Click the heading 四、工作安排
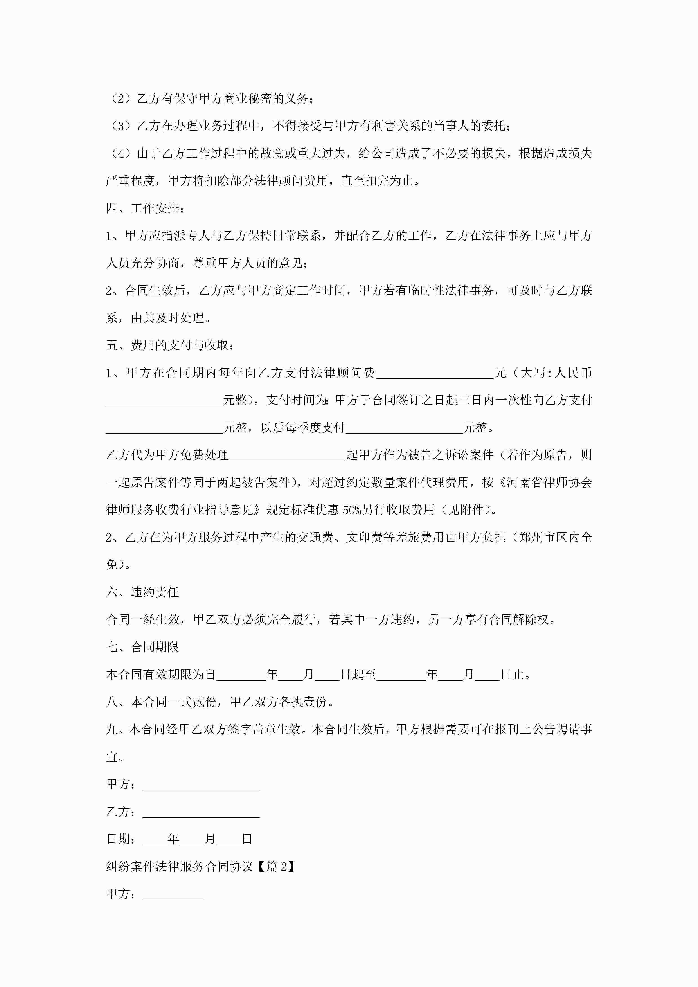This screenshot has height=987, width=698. click(146, 208)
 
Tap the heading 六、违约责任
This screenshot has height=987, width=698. click(142, 592)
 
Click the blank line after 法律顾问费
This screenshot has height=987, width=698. click(435, 373)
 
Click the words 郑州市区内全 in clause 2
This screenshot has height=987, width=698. click(555, 537)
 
